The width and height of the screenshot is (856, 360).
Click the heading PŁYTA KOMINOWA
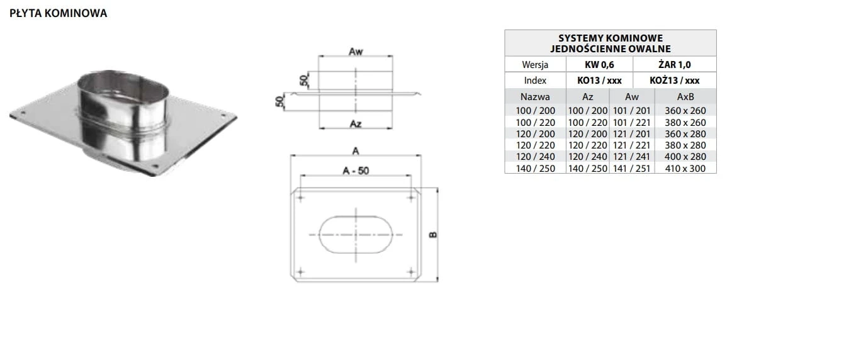(x=58, y=13)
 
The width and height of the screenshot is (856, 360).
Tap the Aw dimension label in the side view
(x=356, y=52)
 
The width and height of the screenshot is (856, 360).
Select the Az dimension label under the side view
(x=356, y=124)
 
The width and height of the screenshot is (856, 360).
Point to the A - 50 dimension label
(x=356, y=171)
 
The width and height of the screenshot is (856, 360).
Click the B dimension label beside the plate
(x=433, y=235)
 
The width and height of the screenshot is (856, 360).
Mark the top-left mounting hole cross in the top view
(x=300, y=198)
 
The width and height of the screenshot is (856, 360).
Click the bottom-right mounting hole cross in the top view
(x=411, y=272)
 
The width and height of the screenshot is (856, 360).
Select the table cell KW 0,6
(x=599, y=65)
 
